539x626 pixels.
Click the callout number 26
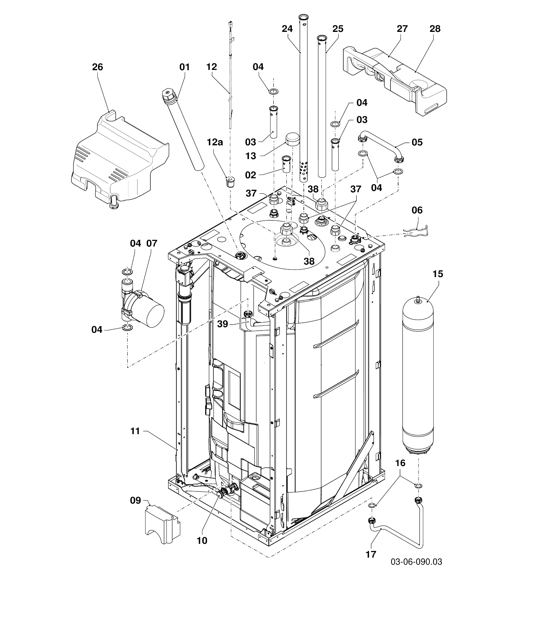98,67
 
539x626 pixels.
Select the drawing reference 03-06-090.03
416,562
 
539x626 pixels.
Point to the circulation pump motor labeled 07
152,313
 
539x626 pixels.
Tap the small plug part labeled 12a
230,182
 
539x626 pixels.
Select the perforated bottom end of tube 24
304,170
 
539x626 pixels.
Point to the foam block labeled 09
162,525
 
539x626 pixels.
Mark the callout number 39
223,324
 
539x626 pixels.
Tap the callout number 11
135,431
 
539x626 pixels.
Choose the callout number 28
435,29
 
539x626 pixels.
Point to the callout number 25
338,29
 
